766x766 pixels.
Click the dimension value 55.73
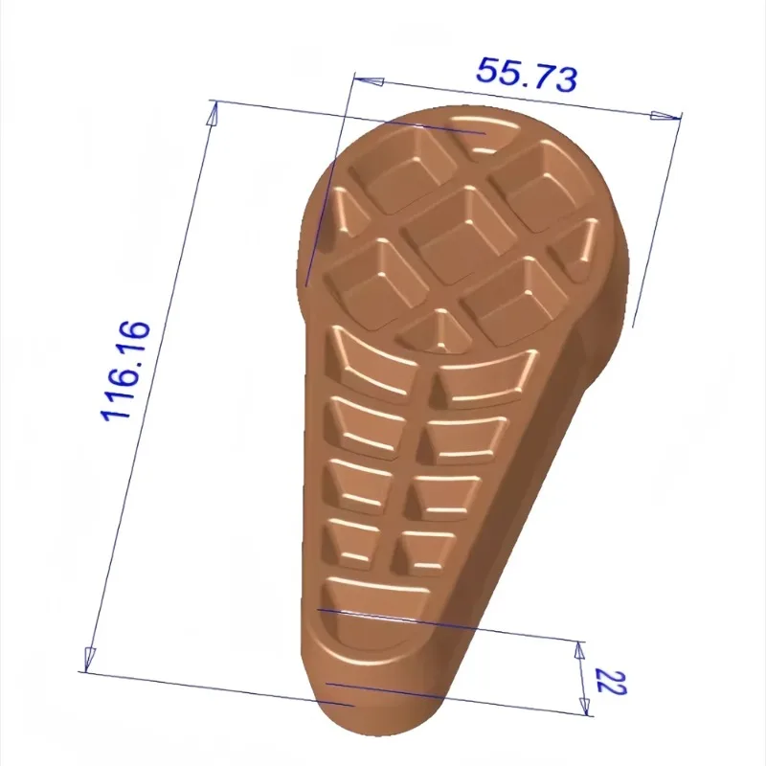click(527, 75)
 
